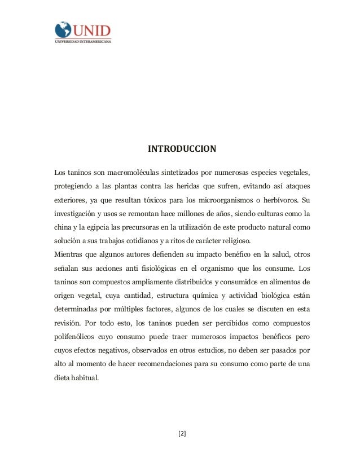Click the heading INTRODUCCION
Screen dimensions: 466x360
pos(182,149)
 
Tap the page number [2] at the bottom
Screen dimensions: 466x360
pos(182,433)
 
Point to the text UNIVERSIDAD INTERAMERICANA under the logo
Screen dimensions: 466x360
pos(83,41)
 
